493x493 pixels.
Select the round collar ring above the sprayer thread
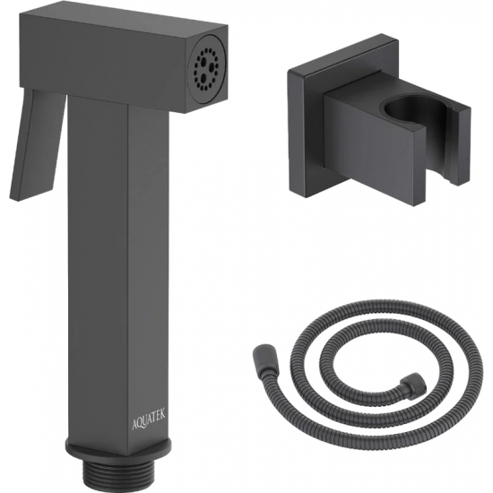pos(119,454)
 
